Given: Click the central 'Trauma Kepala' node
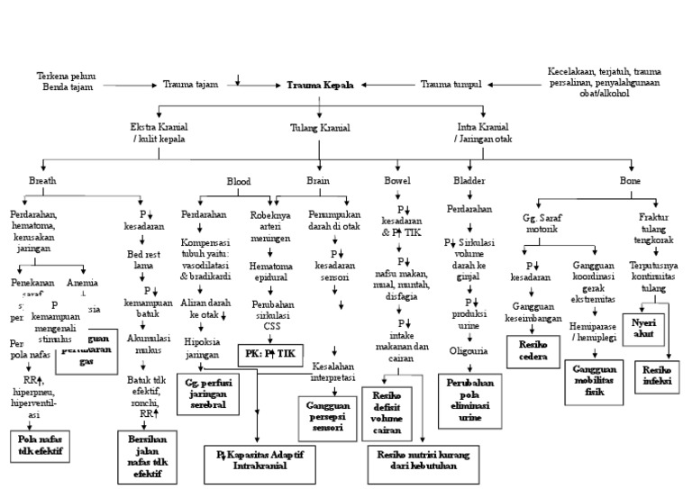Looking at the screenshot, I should (320, 85).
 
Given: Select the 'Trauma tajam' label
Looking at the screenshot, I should (190, 85).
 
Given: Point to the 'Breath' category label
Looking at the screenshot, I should (42, 181).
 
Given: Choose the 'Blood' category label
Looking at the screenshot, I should (239, 181).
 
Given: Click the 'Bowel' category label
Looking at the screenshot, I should (397, 181).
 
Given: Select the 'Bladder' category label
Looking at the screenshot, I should (469, 181).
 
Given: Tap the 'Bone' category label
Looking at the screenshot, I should (631, 181).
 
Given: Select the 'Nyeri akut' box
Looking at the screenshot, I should (643, 327).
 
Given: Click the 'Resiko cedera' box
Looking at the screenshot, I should (533, 348).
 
